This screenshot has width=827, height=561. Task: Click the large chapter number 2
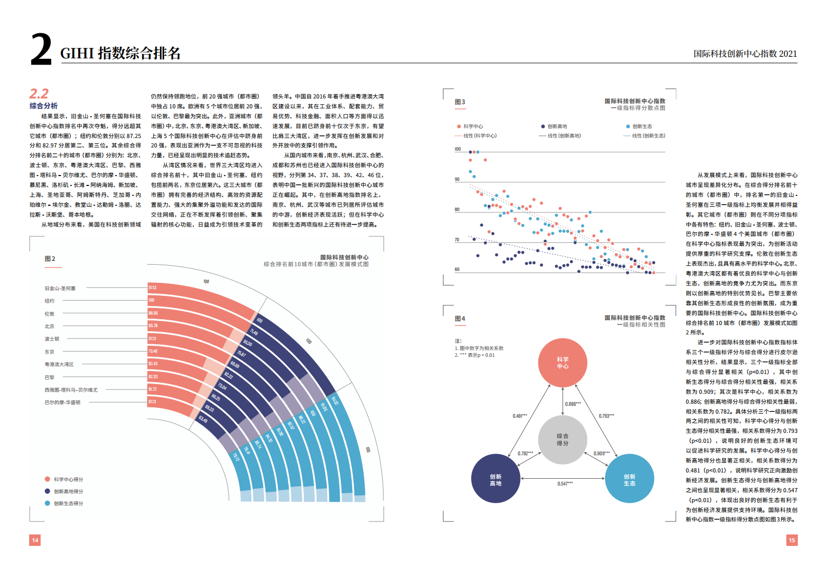[41, 49]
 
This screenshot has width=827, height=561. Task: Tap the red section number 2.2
[39, 94]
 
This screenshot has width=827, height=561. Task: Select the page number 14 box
[35, 540]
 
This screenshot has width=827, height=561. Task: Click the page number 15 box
[792, 540]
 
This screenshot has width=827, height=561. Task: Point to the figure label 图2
[50, 259]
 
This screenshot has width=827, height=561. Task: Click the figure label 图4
[460, 319]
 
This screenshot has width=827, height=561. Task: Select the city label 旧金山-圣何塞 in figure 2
[60, 289]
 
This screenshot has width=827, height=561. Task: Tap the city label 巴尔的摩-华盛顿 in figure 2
[63, 403]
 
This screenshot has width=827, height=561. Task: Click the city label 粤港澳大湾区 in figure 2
[59, 365]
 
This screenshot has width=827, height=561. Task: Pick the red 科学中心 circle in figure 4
[562, 363]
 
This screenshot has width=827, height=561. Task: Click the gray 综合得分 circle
[562, 440]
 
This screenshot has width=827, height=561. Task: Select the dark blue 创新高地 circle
[496, 479]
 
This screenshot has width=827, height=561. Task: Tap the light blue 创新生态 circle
[629, 479]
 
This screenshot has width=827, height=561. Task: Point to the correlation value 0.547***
[565, 484]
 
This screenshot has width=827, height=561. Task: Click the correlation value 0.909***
[601, 454]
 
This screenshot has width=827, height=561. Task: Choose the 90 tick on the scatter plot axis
[457, 180]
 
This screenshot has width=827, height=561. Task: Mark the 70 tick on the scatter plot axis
[457, 240]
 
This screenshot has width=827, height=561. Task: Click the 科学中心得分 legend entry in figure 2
[68, 480]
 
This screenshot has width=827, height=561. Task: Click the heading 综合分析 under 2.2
[44, 106]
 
